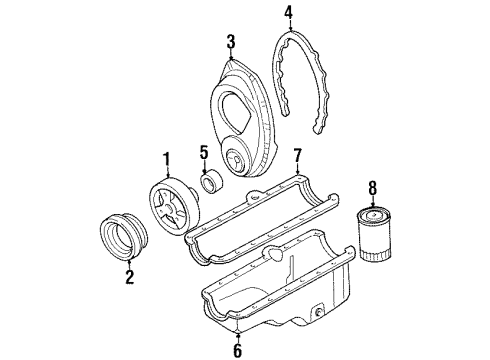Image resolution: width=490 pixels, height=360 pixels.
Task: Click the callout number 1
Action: [x=167, y=157]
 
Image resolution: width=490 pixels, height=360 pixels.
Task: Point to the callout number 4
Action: [x=288, y=14]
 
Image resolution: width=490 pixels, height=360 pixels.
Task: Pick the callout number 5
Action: [x=204, y=154]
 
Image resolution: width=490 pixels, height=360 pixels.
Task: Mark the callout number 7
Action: [x=296, y=156]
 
